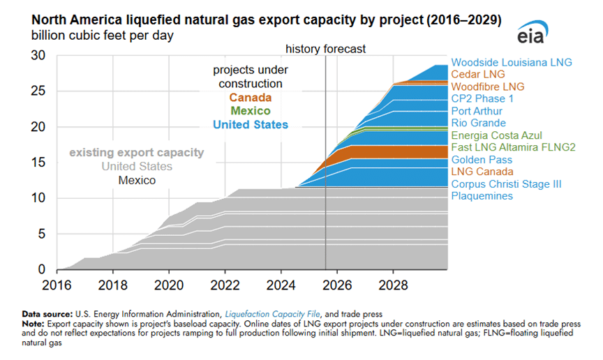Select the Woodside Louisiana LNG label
click(x=512, y=62)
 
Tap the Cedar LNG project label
click(x=477, y=74)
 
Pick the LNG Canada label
click(x=482, y=172)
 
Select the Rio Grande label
click(x=478, y=123)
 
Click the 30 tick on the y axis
click(x=40, y=55)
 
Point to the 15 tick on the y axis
click(x=40, y=163)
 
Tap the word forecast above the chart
click(x=345, y=49)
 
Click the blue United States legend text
click(x=250, y=125)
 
